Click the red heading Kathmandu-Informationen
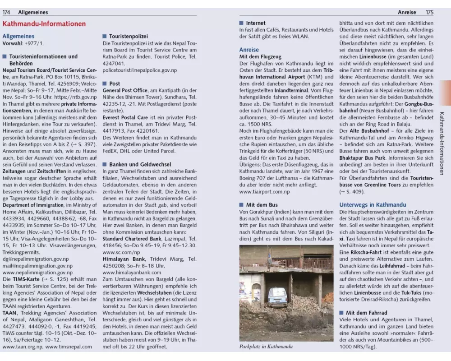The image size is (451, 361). (x=44, y=24)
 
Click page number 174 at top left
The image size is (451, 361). (x=7, y=12)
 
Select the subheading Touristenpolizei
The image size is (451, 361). (x=129, y=36)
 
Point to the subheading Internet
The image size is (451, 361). (x=255, y=23)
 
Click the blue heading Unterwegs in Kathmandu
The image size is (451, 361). (x=373, y=204)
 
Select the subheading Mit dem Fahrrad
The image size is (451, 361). (x=366, y=312)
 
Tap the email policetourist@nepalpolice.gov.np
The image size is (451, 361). (x=139, y=70)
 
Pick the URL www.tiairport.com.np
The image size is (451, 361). (x=265, y=191)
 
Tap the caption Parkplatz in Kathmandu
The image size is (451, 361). (x=266, y=347)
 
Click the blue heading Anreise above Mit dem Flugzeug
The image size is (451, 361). (x=249, y=50)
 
